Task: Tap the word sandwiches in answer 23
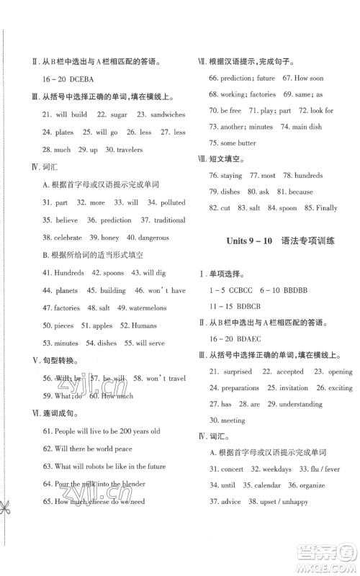pyautogui.click(x=166, y=114)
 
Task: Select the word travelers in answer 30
pyautogui.click(x=126, y=150)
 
